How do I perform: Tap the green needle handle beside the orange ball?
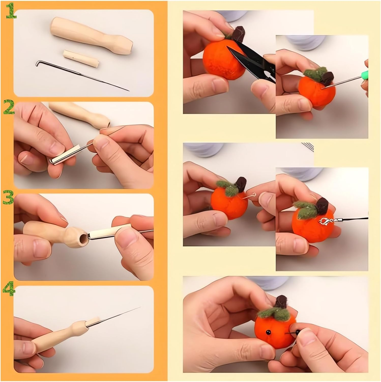click(x=366, y=74)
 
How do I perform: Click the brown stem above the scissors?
click(x=239, y=33)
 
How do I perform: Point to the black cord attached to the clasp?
click(x=356, y=219)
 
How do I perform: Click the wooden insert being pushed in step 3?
click(x=109, y=230)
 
